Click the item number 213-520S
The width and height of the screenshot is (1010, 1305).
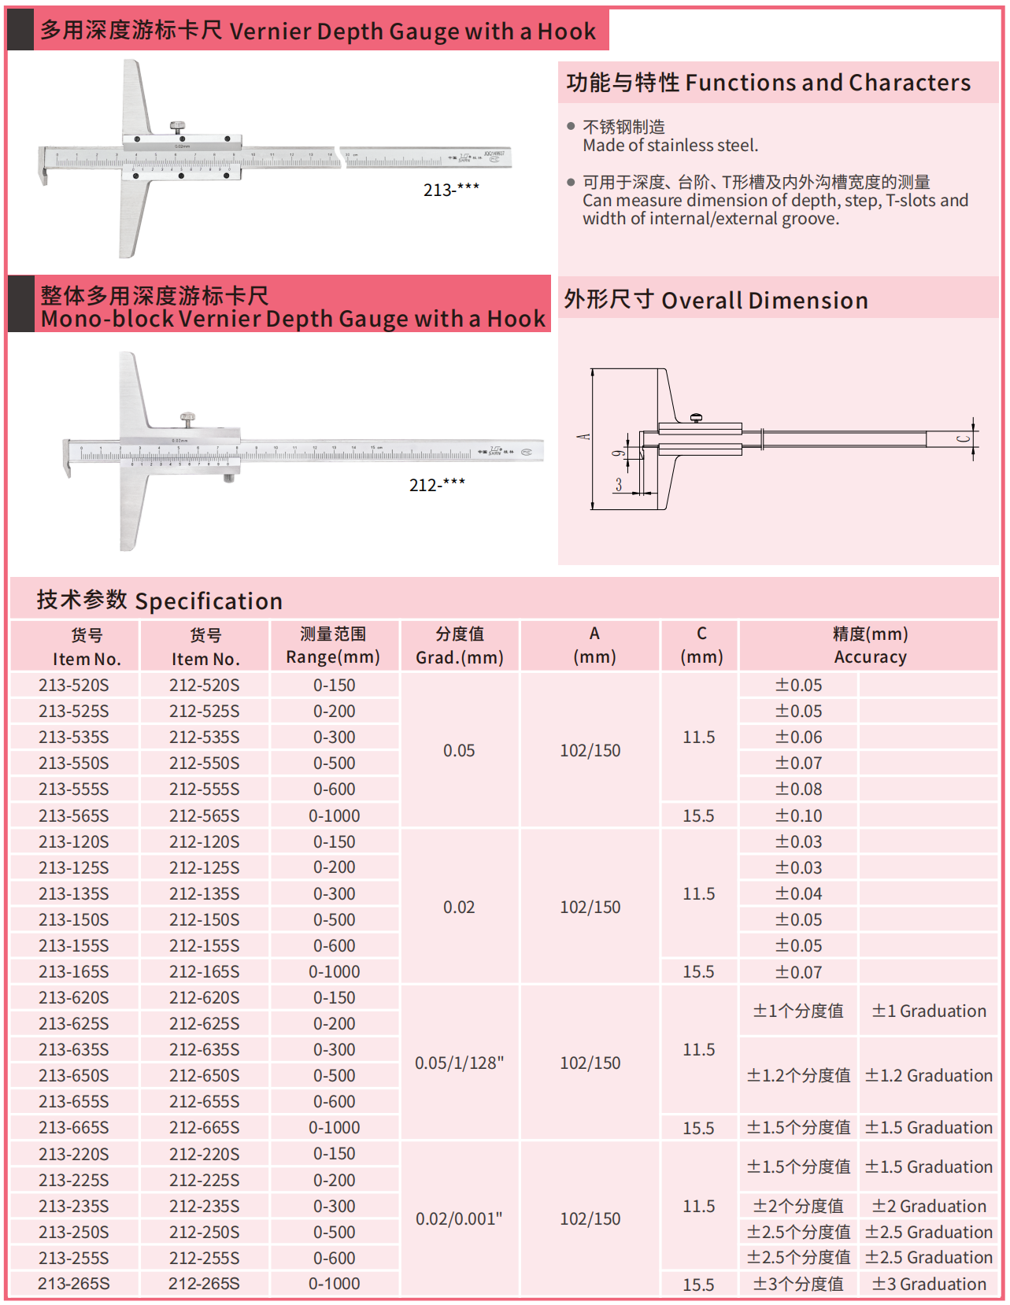[74, 686]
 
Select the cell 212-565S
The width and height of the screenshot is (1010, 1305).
[205, 816]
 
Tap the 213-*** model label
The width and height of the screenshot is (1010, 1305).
[451, 190]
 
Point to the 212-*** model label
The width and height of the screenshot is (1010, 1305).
[437, 485]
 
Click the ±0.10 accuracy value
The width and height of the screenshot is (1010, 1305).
[799, 816]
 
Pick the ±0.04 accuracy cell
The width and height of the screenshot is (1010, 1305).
[799, 894]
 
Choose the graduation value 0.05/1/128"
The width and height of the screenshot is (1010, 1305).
[460, 1063]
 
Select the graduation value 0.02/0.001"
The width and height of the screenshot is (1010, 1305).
[460, 1219]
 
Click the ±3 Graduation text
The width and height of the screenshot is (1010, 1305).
[929, 1285]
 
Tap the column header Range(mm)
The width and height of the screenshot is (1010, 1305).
[333, 657]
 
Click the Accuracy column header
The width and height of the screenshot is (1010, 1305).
[870, 657]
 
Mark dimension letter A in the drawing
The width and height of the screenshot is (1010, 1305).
[583, 437]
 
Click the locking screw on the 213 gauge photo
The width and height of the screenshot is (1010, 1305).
[179, 126]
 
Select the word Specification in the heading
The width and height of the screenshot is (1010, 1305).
[209, 601]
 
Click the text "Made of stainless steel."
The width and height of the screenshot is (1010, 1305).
[671, 146]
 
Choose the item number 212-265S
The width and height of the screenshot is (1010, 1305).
[205, 1284]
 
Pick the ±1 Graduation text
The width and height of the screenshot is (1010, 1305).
[929, 1011]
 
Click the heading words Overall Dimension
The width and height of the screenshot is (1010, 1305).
[764, 301]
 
